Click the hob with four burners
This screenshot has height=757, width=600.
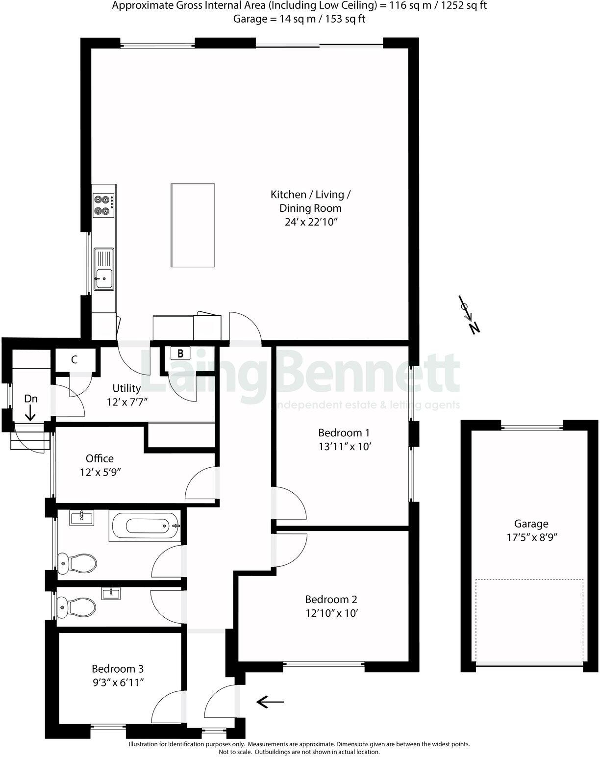coord(104,205)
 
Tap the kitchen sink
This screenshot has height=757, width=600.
coord(103,269)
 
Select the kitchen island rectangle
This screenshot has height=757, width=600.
coord(193,225)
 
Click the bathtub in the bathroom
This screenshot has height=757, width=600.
coord(147,527)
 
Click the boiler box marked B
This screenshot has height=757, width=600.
coord(180,353)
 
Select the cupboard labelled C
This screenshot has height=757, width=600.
coord(75,360)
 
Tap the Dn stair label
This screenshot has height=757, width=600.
coord(31,399)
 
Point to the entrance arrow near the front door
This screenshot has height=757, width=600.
coord(270,702)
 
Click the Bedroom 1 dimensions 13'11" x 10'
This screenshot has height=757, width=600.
coord(344,447)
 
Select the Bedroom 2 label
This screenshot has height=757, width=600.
coord(331,599)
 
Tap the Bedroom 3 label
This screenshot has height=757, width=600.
coord(118,669)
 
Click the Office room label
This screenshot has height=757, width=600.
coord(100,458)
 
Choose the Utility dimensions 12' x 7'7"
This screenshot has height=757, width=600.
coord(127,402)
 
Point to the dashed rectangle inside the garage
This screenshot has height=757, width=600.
coord(529,620)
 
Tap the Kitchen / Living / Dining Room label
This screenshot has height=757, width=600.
coord(310,201)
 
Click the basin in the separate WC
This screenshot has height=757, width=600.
coord(111,594)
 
